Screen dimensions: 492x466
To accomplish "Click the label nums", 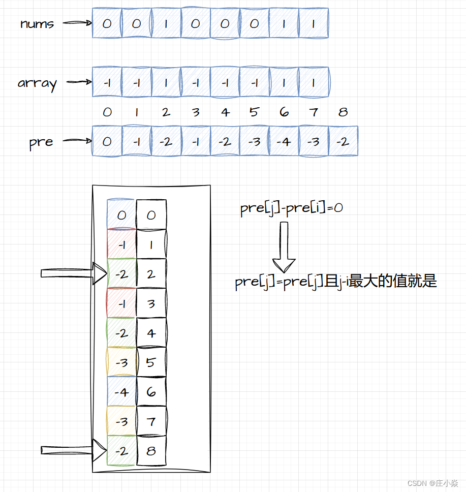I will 37,23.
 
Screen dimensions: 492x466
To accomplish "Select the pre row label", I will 41,142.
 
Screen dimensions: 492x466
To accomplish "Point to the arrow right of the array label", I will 78,82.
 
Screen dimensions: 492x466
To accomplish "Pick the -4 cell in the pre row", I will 284,141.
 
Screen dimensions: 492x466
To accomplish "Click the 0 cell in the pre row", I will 107,141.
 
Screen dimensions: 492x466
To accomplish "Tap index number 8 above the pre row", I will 343,112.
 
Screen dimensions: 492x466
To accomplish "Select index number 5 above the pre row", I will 255,112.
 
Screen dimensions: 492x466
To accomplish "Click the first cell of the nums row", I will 107,23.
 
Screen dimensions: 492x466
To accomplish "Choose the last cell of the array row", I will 314,82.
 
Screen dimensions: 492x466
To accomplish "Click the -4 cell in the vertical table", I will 121,392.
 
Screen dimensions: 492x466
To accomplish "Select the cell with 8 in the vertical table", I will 151,451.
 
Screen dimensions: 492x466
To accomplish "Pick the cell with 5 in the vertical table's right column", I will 151,362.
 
